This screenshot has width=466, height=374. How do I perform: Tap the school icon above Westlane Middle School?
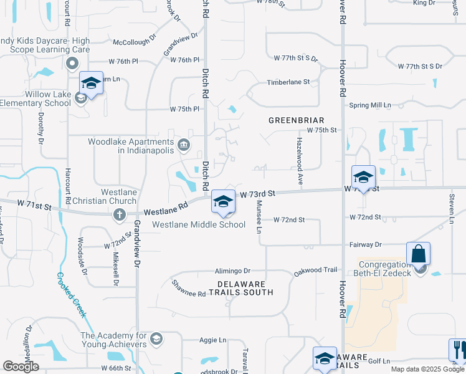[223, 201]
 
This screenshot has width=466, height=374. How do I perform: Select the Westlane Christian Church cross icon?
[120, 215]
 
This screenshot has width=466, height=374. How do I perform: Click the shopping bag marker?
[418, 254]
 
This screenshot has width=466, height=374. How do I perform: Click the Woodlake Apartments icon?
[184, 146]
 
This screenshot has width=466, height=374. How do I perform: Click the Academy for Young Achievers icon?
[156, 339]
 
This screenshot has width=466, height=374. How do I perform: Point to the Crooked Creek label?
[72, 295]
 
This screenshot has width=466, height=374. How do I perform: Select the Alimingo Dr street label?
[232, 271]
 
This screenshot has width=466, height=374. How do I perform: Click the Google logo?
[21, 367]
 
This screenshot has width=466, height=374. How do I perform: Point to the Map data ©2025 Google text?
[427, 369]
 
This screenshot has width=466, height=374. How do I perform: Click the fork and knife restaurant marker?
[458, 350]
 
